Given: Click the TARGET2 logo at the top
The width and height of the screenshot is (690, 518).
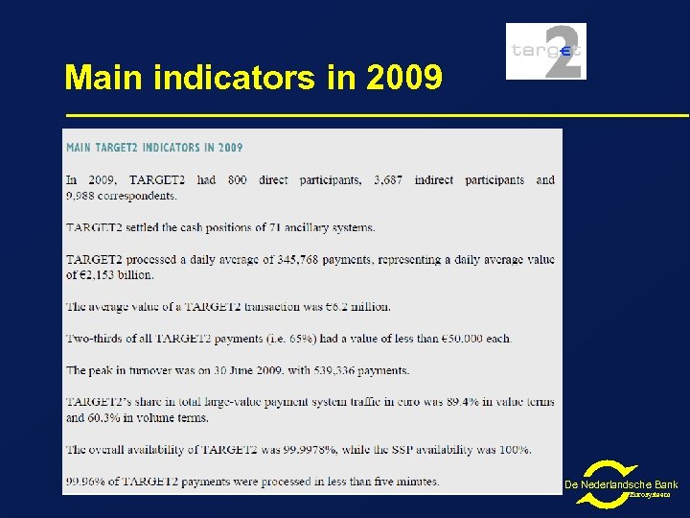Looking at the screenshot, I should [545, 52].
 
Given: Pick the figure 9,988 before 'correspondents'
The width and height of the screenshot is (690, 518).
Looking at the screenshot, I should [81, 196].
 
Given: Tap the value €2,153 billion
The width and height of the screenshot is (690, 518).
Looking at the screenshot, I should [114, 275].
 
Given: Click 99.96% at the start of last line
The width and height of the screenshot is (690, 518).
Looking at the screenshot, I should [84, 482].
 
